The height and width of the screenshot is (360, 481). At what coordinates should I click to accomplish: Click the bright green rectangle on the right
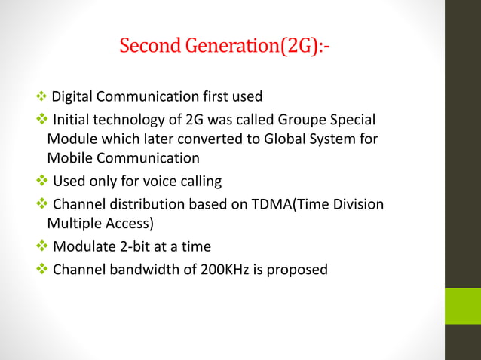[462, 306]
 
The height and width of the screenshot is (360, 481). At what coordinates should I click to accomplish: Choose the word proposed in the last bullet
[300, 268]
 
